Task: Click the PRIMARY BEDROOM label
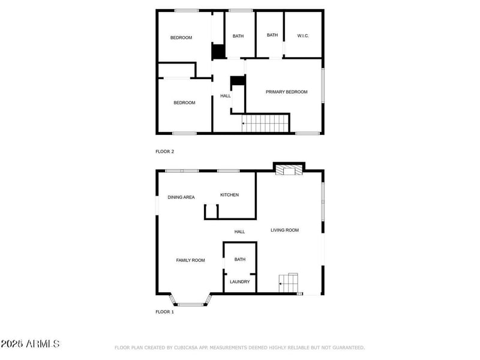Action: point(287,92)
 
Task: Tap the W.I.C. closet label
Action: point(303,36)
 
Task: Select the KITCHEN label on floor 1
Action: point(229,195)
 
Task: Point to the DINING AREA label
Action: point(181,197)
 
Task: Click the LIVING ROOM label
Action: point(284,230)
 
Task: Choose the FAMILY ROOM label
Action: point(190,260)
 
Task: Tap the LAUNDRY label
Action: point(240,281)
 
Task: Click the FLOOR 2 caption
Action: point(164,152)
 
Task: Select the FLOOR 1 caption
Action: point(164,312)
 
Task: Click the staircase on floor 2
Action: point(266,124)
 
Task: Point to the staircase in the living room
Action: point(289,283)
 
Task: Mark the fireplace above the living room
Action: point(289,170)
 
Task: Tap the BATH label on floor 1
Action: point(240,259)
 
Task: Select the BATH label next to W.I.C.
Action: point(272,35)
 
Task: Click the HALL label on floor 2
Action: point(226,96)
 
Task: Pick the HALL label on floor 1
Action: point(239,232)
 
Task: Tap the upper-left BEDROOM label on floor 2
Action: point(181,38)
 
